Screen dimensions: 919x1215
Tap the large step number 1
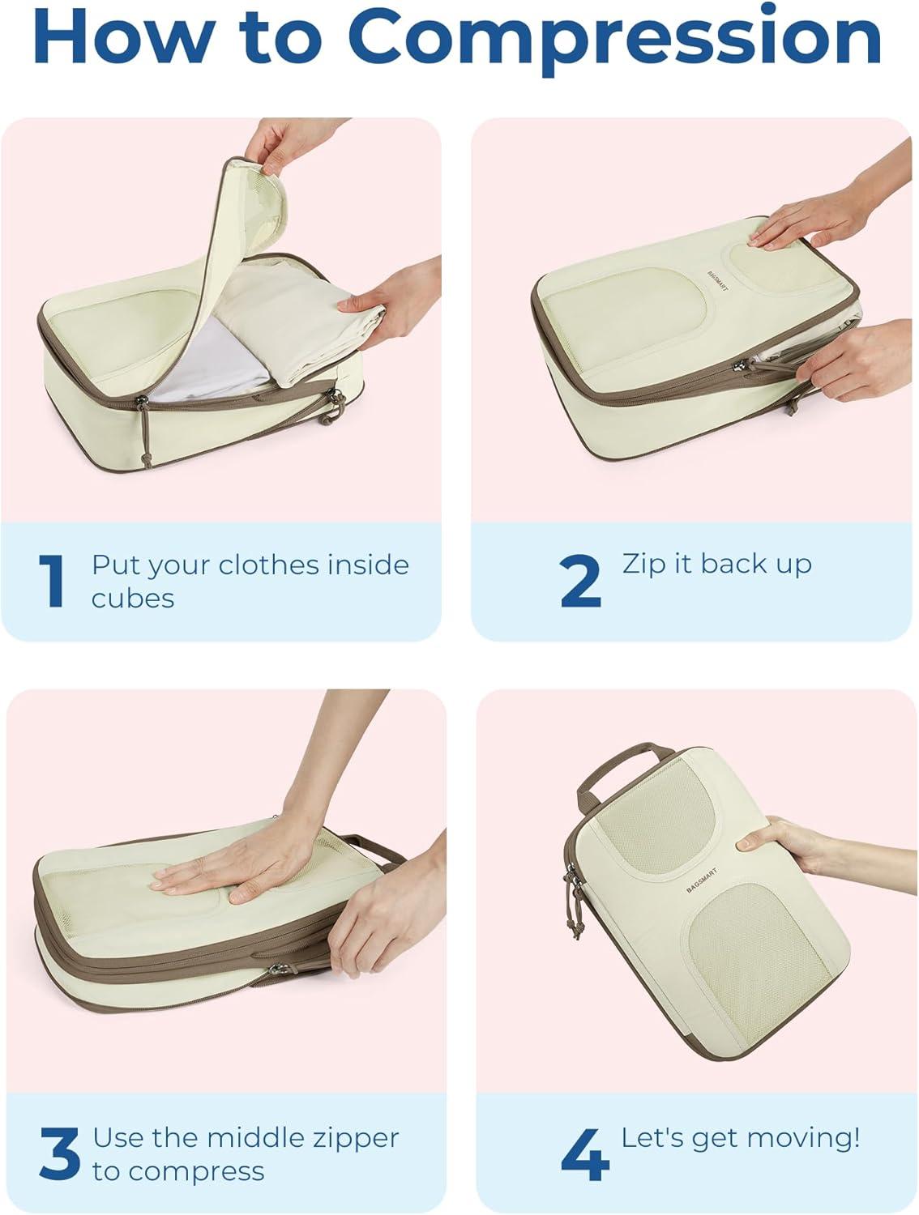(52, 581)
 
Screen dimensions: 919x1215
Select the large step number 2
(580, 581)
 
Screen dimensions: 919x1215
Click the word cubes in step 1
(133, 599)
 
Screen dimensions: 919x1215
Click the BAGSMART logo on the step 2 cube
(718, 281)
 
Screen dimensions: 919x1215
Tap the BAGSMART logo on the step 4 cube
(702, 880)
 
